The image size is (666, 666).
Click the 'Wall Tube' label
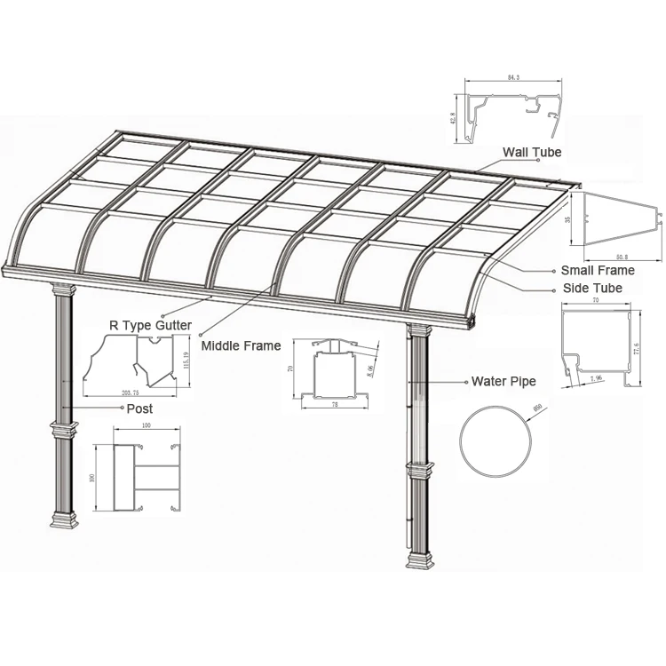pos(533,153)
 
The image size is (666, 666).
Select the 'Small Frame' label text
pos(597,270)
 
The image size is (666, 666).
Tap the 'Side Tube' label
pos(592,289)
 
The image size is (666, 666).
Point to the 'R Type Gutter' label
pos(149,326)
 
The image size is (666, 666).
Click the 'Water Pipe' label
pos(503,381)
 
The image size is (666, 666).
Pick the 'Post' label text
pos(139,408)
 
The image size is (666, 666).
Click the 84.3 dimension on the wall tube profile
pos(513,78)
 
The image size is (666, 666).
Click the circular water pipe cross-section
pos(497,441)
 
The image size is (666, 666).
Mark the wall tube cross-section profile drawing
pos(515,111)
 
